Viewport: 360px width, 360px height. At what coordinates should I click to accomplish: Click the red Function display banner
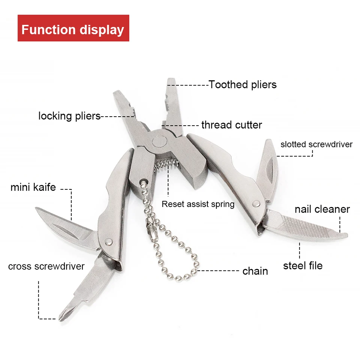click(73, 28)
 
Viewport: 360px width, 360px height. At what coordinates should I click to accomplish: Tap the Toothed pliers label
click(243, 85)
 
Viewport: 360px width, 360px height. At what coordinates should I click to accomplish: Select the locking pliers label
click(69, 116)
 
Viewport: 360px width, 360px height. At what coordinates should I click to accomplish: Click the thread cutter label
click(232, 125)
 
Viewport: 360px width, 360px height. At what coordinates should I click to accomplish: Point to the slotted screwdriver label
click(316, 144)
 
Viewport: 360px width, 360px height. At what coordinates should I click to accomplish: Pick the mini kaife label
click(33, 187)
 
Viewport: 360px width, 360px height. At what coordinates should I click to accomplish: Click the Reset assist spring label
click(198, 204)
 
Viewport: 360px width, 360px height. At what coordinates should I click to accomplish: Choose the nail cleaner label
click(322, 209)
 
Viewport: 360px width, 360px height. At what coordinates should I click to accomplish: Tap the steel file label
click(303, 265)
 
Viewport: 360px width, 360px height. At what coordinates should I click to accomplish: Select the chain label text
click(255, 271)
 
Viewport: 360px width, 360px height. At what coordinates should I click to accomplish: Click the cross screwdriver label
click(46, 266)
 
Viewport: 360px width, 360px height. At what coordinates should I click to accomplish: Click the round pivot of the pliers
click(160, 141)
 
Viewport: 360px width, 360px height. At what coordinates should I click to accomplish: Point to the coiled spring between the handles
click(166, 165)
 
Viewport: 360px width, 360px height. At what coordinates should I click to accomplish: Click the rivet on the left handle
click(109, 241)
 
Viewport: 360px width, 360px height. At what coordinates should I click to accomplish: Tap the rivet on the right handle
click(256, 203)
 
